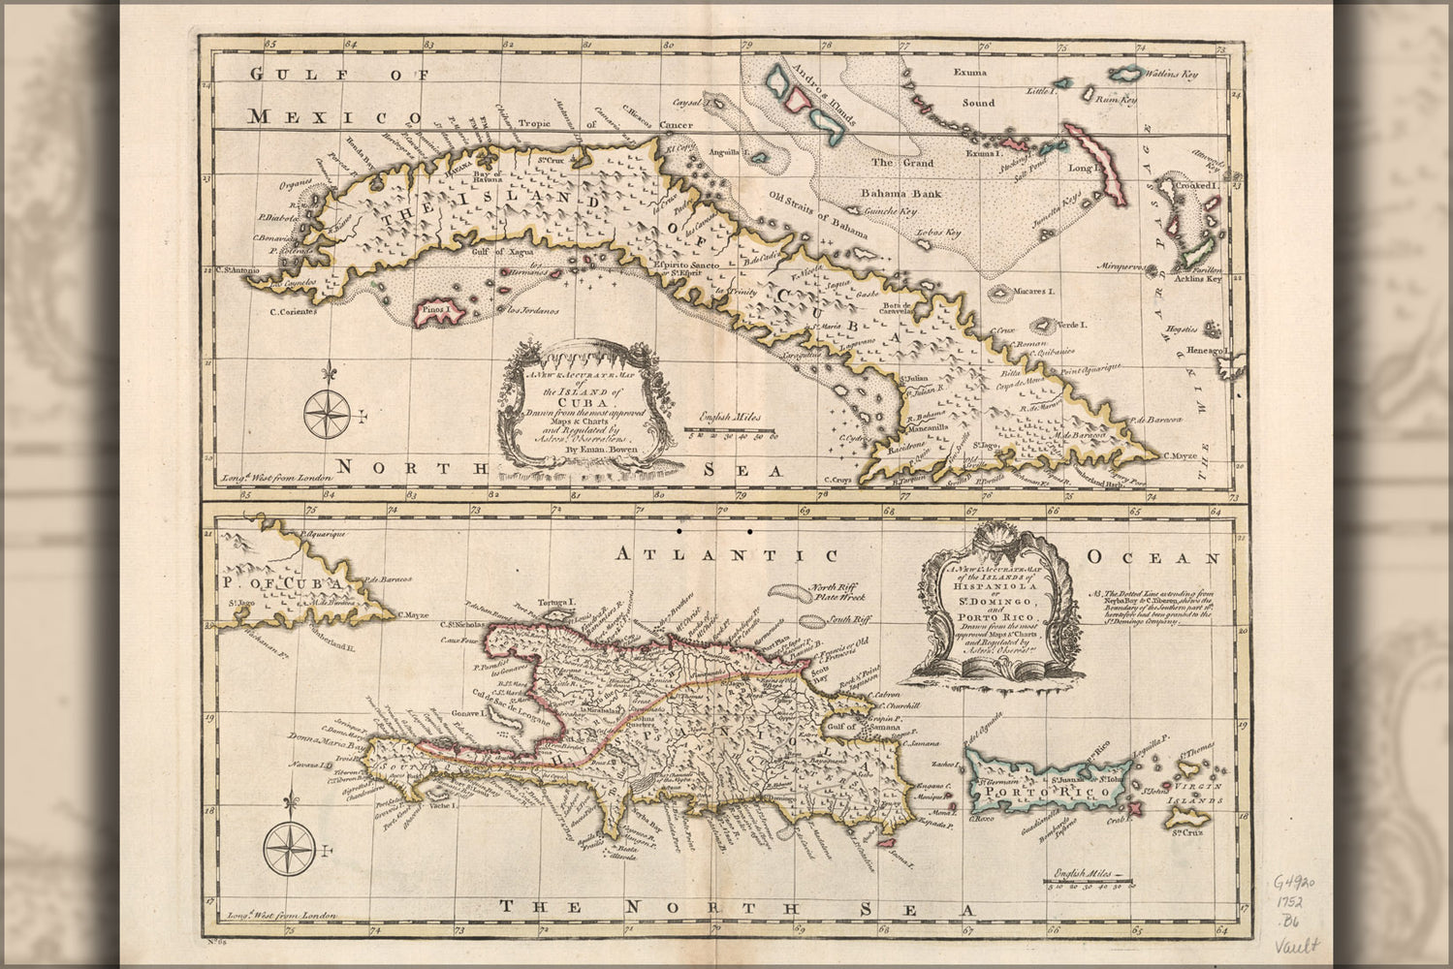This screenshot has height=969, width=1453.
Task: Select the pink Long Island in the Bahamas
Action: pyautogui.click(x=1095, y=155)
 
